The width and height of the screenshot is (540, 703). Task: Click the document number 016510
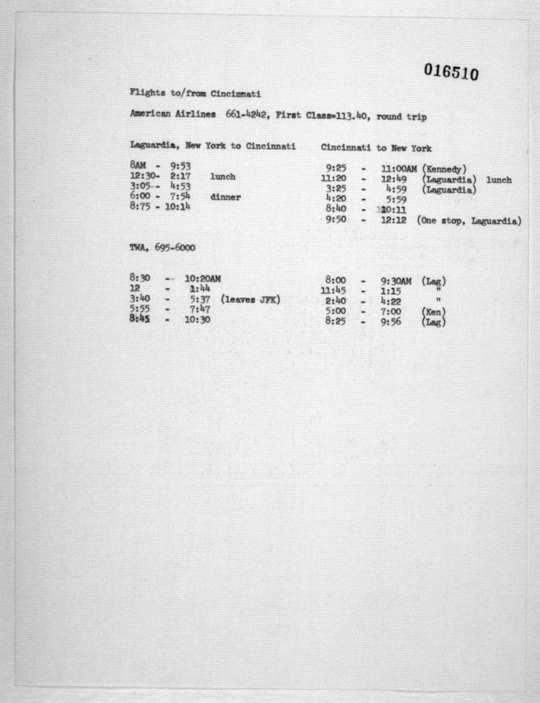[451, 72]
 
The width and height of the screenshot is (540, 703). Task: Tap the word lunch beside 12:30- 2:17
[223, 176]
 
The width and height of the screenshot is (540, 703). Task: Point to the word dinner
[225, 197]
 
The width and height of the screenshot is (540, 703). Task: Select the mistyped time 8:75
[140, 206]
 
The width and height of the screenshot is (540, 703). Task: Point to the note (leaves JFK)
[250, 300]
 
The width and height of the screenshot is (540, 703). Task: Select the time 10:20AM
[203, 279]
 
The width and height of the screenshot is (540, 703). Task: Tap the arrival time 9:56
[391, 322]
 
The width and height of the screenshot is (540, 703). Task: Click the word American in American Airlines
[150, 114]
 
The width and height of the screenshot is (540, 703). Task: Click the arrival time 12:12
[393, 220]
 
